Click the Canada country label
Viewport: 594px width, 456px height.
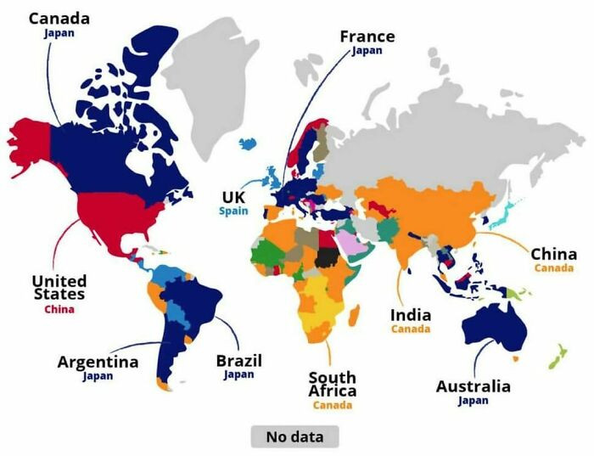[x=59, y=18]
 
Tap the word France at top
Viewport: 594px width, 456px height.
[x=367, y=37]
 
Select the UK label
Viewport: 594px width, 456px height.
[x=233, y=197]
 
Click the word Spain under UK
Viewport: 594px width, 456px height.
[x=233, y=211]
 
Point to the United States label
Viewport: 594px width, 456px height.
[x=59, y=287]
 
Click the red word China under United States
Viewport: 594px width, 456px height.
[x=59, y=309]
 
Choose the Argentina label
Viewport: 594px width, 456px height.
[x=98, y=362]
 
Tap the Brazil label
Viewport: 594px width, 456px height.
[x=238, y=360]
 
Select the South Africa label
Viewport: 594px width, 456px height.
[x=332, y=384]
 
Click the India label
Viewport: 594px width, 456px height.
[x=411, y=315]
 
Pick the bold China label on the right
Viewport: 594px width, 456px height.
[x=553, y=254]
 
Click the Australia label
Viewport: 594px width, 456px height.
[x=473, y=386]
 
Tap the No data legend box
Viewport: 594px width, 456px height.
[x=294, y=436]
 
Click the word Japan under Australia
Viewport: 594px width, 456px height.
[x=473, y=401]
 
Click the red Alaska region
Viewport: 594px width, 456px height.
[x=30, y=140]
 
